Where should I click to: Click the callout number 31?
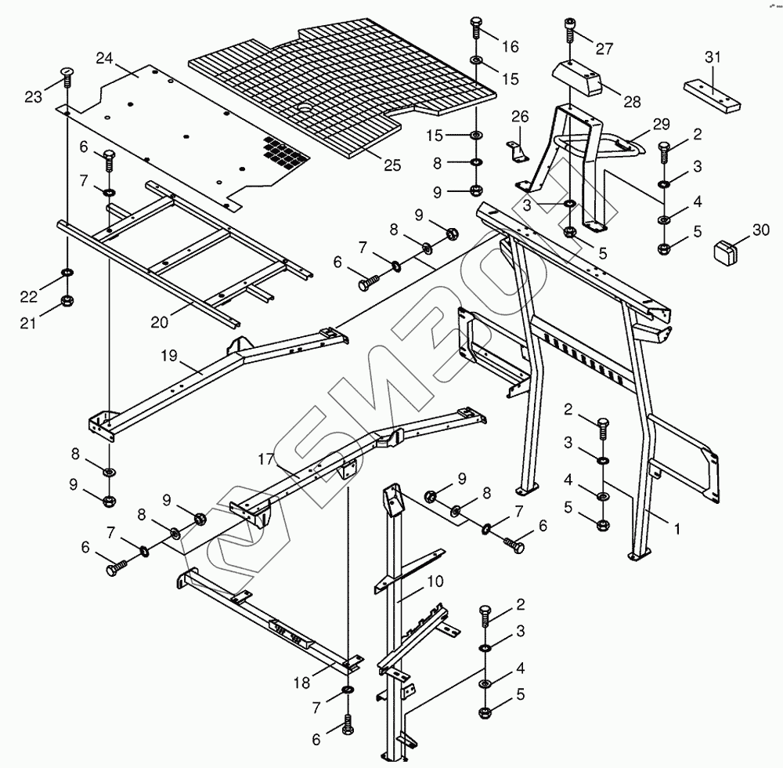coord(713,57)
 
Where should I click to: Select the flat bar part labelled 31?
coord(712,96)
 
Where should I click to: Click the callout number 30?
coord(761,230)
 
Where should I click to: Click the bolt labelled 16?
coord(476,28)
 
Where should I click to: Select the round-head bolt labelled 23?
coord(67,75)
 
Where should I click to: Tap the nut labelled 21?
coord(67,300)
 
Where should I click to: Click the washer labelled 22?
coord(67,272)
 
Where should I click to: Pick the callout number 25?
coord(392,165)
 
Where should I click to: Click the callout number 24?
coord(104,59)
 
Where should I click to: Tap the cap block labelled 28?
coord(577,77)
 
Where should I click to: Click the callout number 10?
coord(435,581)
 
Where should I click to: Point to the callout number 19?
coord(169,356)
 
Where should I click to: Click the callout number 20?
coord(159,323)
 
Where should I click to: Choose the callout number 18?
coord(301,683)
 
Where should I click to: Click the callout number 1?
coord(677,529)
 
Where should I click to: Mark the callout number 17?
coord(266,458)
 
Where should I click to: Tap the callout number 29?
coord(661,124)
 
